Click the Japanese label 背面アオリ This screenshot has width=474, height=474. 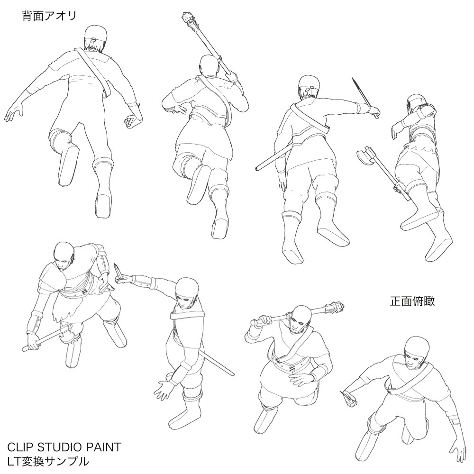[49, 16]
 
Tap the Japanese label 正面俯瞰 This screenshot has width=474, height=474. [412, 301]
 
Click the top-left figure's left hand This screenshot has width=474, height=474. [14, 113]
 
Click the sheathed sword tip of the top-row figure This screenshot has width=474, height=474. [258, 167]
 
